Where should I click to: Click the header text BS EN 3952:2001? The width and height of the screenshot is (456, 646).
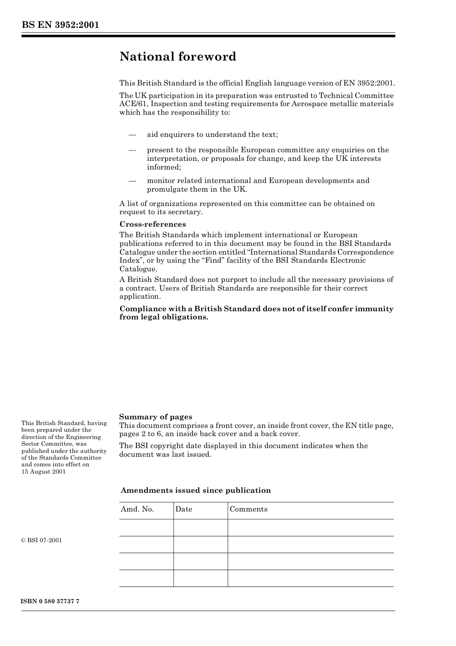point(60,25)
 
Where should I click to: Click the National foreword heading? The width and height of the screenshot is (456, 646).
point(178,57)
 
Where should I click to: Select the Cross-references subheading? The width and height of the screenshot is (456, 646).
point(153,224)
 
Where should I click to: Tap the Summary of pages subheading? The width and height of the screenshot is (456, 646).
point(156,417)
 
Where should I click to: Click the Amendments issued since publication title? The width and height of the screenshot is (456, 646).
point(195,490)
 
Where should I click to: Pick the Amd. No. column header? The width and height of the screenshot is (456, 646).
point(137,510)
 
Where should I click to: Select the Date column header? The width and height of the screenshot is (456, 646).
point(183,510)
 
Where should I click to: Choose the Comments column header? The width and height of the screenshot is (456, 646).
point(248,510)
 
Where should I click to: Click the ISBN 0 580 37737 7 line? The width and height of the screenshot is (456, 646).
point(50,602)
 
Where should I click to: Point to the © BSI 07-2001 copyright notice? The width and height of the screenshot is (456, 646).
point(42,540)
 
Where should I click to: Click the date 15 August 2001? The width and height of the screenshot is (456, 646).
point(44,472)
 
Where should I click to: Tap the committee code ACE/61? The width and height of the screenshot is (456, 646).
point(133,104)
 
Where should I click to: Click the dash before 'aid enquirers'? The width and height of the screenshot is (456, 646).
point(132,135)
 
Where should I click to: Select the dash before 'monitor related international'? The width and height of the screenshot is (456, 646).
point(132,181)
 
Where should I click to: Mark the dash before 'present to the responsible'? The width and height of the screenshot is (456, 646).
point(132,150)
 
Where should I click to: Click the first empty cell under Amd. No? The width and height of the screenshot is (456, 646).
point(146,527)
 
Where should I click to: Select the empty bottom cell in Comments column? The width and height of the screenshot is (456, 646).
point(311,578)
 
